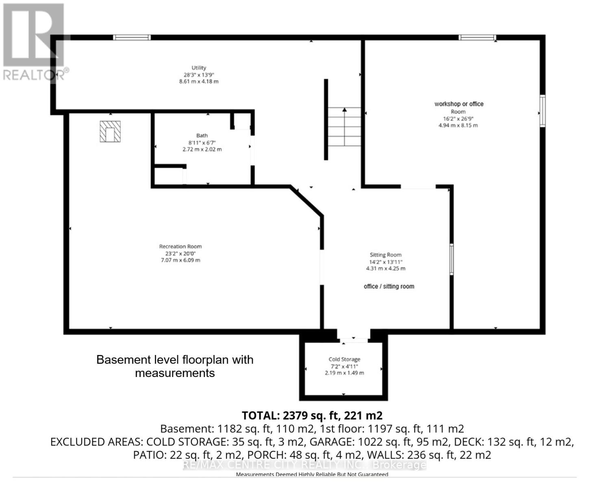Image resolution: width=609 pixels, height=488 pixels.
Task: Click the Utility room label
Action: (x=199, y=68)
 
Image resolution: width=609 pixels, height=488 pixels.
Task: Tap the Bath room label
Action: (x=202, y=135)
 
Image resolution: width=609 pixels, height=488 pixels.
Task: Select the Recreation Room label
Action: (x=181, y=246)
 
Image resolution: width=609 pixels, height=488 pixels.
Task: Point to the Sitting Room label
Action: (x=385, y=255)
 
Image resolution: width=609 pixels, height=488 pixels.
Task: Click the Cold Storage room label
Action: (x=344, y=359)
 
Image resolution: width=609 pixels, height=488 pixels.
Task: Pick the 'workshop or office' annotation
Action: (x=459, y=104)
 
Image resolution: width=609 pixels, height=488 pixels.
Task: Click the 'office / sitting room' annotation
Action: (x=389, y=286)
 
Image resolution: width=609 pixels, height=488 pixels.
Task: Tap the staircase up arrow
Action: (x=344, y=110)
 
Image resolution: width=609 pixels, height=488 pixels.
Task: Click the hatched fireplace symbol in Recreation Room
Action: (x=110, y=132)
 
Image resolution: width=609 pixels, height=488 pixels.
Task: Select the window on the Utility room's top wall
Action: (x=132, y=38)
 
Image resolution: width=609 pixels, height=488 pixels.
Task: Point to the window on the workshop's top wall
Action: (x=477, y=38)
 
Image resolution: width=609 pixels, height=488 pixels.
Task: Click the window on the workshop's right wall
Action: (x=542, y=111)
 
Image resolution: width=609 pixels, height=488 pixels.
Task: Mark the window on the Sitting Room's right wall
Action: (x=451, y=259)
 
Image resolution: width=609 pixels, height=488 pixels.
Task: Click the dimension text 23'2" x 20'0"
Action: (x=181, y=253)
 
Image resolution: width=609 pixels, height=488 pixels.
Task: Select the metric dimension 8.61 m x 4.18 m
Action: (x=199, y=81)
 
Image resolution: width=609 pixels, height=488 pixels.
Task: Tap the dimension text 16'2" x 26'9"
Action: (x=458, y=119)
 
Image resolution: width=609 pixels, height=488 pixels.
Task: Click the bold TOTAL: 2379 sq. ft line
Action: (x=312, y=416)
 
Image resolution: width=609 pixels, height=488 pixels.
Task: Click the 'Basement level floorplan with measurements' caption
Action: (x=175, y=366)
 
